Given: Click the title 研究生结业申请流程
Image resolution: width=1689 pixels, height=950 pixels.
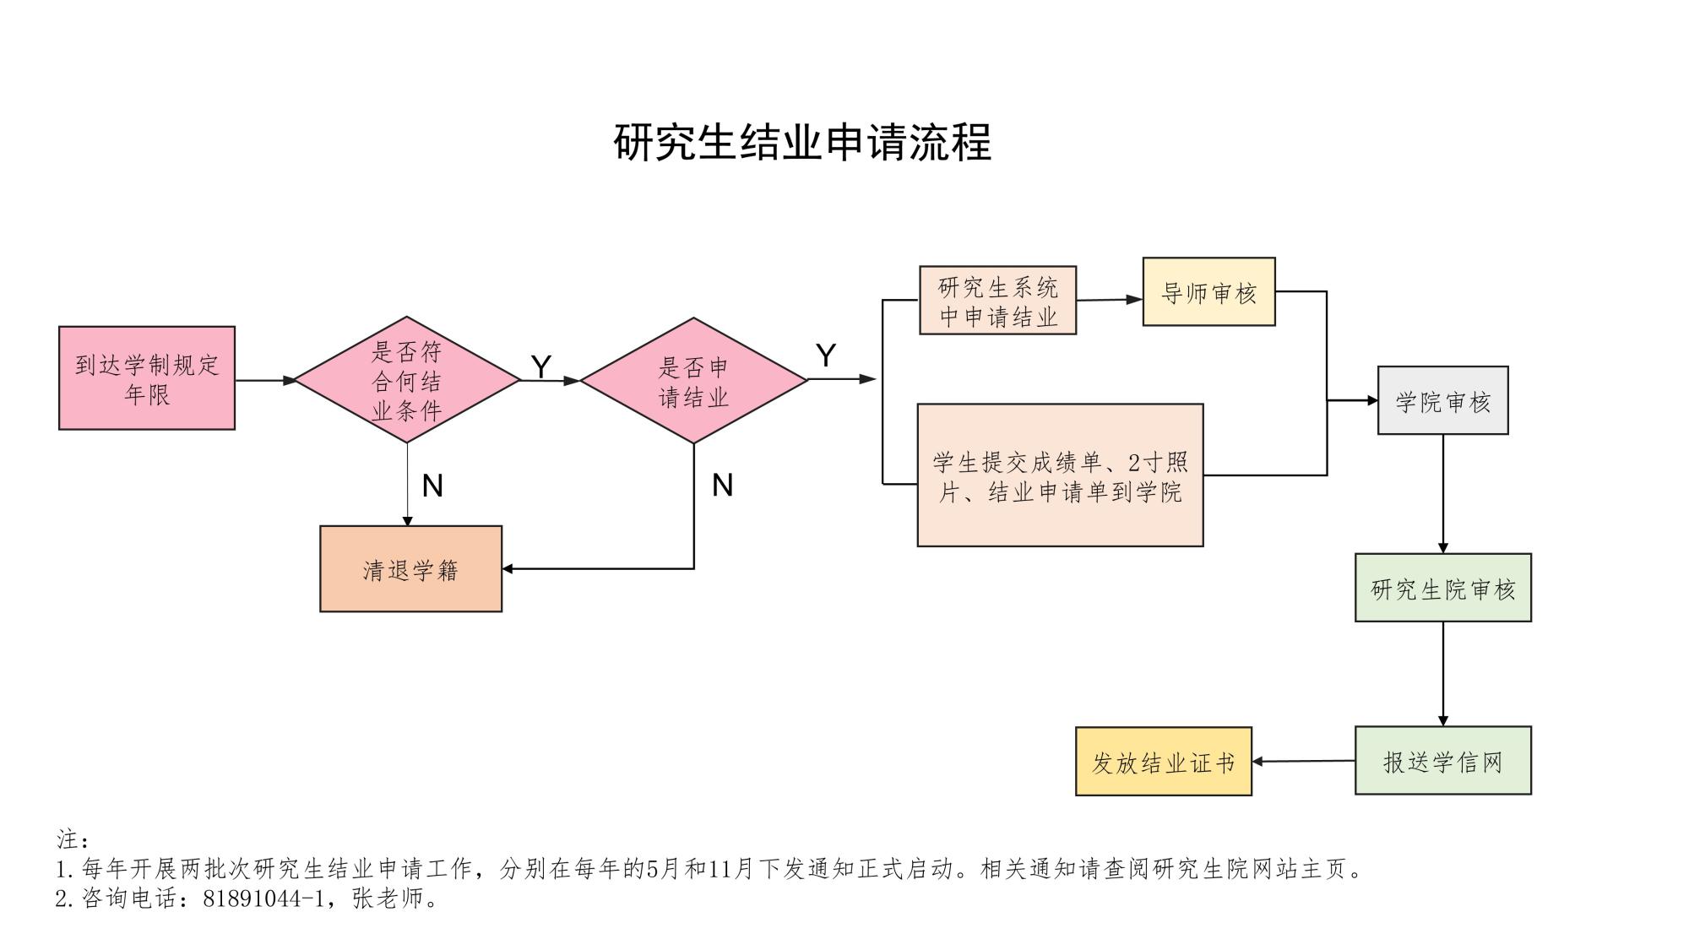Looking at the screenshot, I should point(802,142).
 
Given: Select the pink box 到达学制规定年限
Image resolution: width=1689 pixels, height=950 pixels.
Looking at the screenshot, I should point(147,378).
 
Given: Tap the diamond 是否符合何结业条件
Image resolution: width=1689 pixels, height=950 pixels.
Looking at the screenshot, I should point(407,380).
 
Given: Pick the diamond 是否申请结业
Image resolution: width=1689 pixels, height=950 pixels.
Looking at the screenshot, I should point(693,381).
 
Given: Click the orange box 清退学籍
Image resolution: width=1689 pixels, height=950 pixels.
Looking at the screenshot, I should point(410,569).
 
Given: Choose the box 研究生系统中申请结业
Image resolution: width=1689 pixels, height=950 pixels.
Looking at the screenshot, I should point(997,301).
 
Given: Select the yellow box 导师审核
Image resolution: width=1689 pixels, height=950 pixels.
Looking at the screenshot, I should point(1208,292).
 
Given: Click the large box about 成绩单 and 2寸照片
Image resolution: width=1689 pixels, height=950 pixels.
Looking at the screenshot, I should point(1060,475).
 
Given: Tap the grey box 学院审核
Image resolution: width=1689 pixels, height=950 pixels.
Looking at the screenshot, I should point(1442,401).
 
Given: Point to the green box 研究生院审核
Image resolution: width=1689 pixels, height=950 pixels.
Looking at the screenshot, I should point(1442,589).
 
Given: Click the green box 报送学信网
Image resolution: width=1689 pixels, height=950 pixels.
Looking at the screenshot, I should point(1442,761).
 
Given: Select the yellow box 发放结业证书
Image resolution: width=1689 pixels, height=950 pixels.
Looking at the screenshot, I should point(1163,762).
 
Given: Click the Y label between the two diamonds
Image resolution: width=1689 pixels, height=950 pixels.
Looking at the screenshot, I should point(540,366).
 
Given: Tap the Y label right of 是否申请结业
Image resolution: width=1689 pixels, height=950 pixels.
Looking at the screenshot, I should point(826,356).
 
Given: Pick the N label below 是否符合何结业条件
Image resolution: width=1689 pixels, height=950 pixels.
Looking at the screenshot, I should point(432,486).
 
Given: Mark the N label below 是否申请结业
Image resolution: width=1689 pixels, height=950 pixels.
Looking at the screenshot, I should point(722,485).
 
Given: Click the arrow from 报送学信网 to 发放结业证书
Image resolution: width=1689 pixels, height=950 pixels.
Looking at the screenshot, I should point(1303,762).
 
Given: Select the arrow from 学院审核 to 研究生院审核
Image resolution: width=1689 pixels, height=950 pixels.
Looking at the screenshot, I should point(1442,494).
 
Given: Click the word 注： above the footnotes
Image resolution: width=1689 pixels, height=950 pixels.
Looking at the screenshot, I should point(73,839).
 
